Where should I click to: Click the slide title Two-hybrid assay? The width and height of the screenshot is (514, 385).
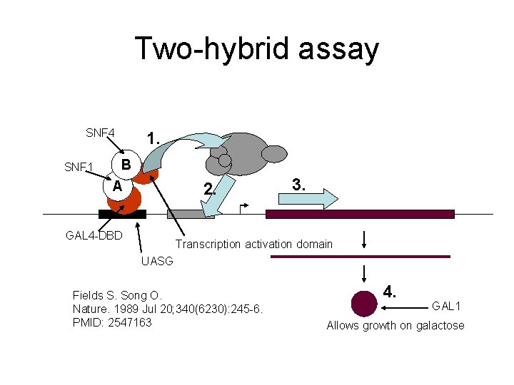point(256,48)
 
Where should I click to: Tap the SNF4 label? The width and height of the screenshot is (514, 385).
point(100,133)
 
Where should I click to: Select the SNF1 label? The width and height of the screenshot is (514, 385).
point(79,168)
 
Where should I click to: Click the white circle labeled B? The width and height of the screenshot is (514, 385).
point(126,164)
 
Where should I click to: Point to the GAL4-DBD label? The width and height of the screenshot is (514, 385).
point(94,235)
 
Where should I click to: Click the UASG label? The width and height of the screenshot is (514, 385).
point(156,261)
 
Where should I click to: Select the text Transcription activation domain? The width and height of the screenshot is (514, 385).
point(254,244)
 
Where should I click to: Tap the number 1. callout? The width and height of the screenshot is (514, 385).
point(152,138)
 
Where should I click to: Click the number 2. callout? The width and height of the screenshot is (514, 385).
point(209,190)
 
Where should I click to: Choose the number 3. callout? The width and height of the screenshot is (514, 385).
point(300,185)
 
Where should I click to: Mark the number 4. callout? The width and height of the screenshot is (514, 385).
point(390,292)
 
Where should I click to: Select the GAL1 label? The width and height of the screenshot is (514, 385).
point(446,306)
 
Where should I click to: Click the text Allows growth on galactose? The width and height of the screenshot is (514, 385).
point(395,326)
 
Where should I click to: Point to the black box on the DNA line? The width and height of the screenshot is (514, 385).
point(122,214)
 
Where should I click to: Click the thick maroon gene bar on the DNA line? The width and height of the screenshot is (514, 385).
point(360,214)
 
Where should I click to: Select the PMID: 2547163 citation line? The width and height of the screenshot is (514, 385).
point(112,322)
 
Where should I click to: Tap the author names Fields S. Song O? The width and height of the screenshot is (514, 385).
point(118,295)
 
